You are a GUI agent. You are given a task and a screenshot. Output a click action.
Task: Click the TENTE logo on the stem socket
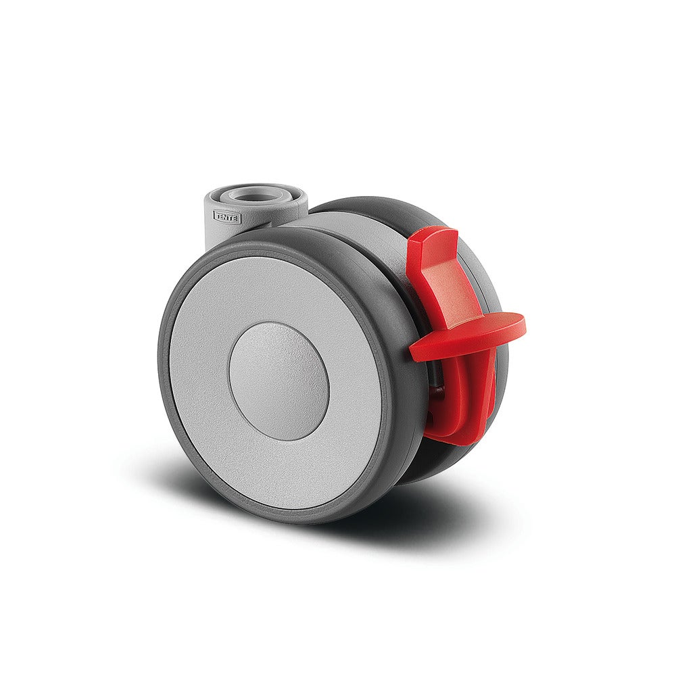pos(226,216)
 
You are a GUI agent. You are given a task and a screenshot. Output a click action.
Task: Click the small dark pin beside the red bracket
pos(435,391)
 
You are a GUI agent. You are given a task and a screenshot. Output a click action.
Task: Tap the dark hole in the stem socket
pos(258,195)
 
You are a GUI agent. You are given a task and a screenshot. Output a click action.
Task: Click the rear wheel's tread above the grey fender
pos(379,206)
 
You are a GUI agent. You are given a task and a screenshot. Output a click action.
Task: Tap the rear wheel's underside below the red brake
pos(433,466)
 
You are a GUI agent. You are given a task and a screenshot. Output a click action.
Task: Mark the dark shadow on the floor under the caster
pos(419,514)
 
